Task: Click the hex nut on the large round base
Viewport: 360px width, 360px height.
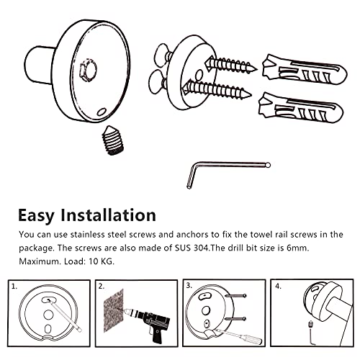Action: tap(88, 70)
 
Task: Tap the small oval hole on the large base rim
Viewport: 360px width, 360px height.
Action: tap(102, 112)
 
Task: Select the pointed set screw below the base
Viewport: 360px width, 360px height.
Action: tap(113, 140)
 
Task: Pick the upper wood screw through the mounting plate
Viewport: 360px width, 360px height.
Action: tap(231, 65)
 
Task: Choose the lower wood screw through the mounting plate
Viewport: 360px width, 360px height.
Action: tap(217, 89)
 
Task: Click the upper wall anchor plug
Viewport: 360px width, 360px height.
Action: tap(305, 70)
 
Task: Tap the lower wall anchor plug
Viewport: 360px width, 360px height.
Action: tap(300, 108)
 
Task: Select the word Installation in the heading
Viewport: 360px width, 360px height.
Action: tap(108, 215)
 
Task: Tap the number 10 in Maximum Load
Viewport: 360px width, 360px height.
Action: tap(93, 261)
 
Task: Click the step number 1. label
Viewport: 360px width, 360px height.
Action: tap(14, 287)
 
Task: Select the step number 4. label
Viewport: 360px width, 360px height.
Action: tap(278, 287)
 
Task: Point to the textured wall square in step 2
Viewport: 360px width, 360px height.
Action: tap(114, 310)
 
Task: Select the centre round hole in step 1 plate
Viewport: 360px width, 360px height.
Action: tap(48, 315)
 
